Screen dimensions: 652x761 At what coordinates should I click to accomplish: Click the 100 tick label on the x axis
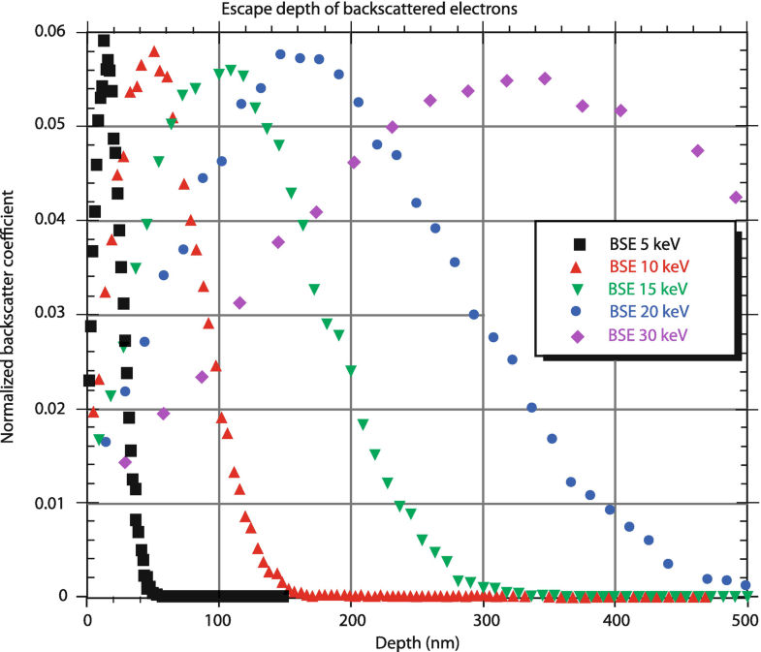coord(219,619)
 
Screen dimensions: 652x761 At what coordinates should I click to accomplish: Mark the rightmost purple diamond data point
coord(736,198)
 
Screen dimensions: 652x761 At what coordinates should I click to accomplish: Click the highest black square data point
coord(104,41)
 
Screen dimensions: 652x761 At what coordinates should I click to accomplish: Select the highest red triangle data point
coord(153,51)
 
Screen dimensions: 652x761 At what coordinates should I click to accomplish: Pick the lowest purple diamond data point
coord(125,462)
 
